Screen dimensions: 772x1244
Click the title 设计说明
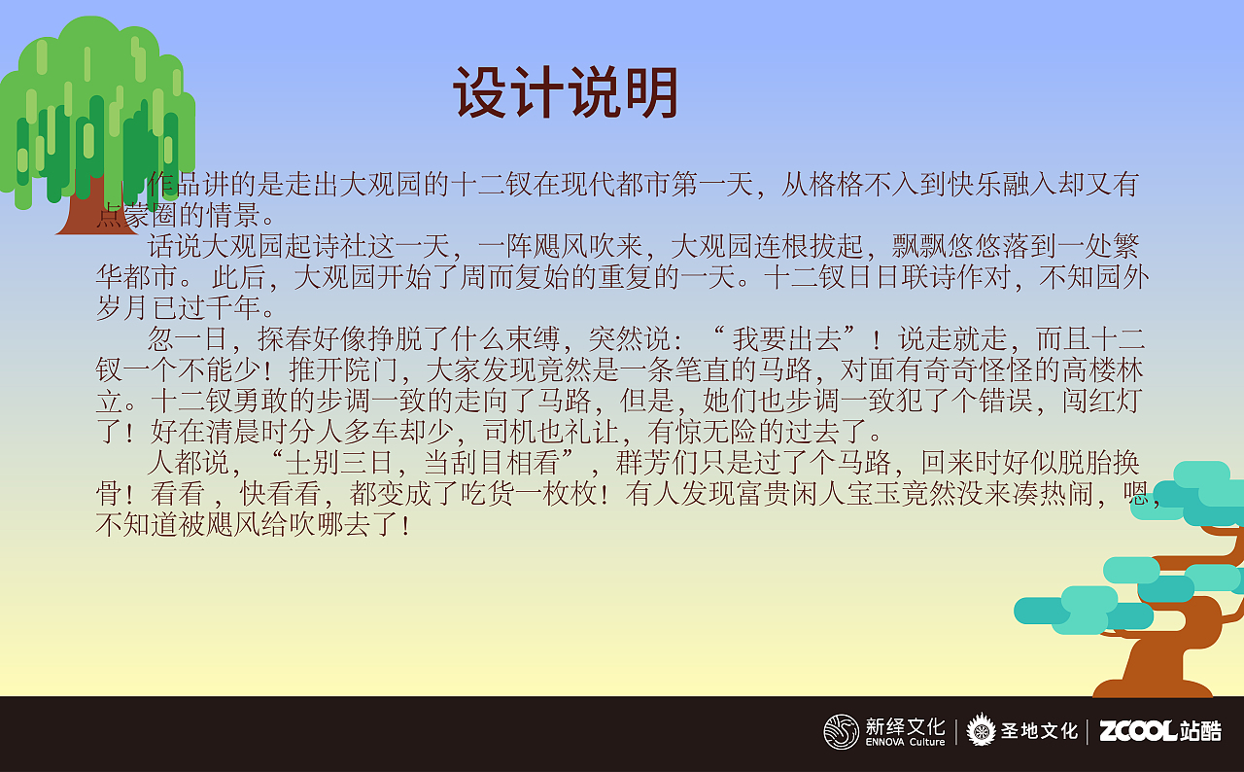coord(565,94)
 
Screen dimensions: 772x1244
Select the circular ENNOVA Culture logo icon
coord(841,731)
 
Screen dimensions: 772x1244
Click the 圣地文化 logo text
coord(1039,731)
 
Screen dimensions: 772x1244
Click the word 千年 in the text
coord(233,308)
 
